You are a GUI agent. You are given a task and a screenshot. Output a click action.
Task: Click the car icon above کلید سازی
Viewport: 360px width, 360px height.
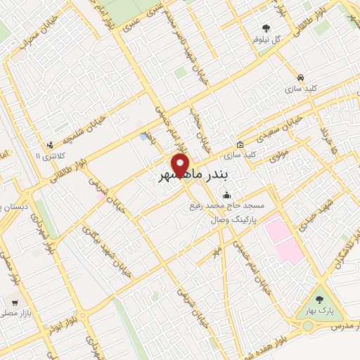(300, 77)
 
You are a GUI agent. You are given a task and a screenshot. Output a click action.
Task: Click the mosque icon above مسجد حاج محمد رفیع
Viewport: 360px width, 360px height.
(226, 195)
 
